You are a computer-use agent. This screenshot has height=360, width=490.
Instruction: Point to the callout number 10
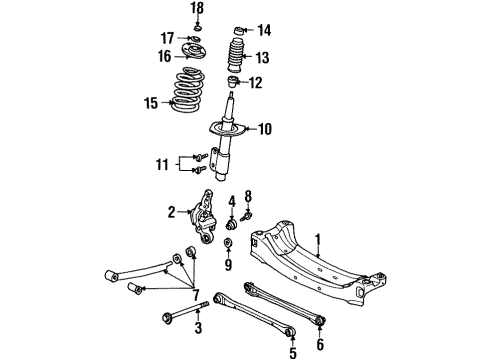(x=266, y=129)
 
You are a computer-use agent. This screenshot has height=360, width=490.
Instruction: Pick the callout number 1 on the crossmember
(x=319, y=239)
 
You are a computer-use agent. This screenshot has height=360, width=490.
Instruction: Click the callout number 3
(x=198, y=328)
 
